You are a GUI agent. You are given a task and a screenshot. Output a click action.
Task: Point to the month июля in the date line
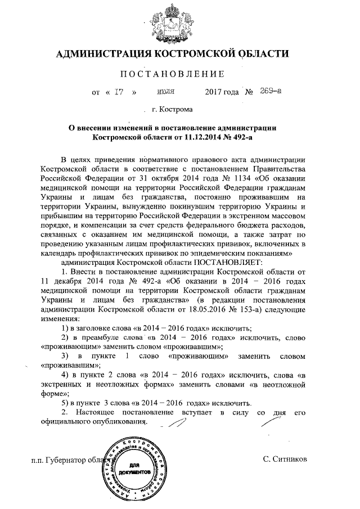tap(165, 91)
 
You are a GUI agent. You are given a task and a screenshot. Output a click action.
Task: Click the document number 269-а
tap(271, 91)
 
